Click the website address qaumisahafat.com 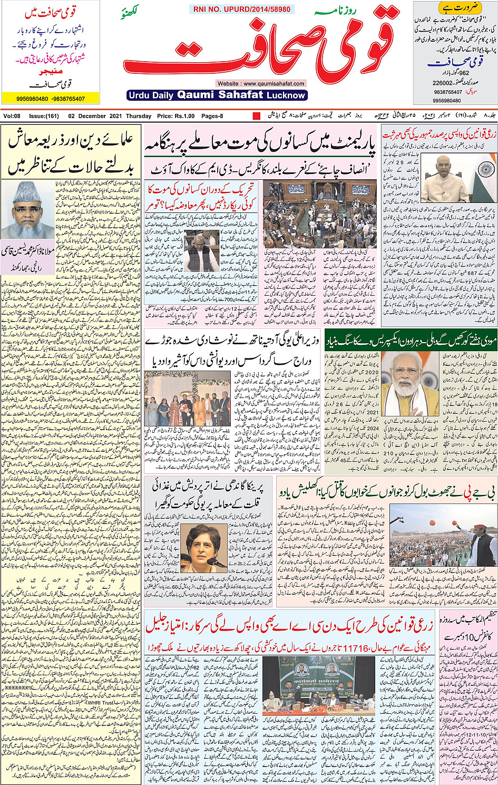coord(261,83)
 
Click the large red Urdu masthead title coord(258,50)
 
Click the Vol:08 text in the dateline coord(12,116)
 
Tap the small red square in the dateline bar coord(257,116)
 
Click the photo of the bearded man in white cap coord(27,209)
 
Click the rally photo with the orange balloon coord(440,540)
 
